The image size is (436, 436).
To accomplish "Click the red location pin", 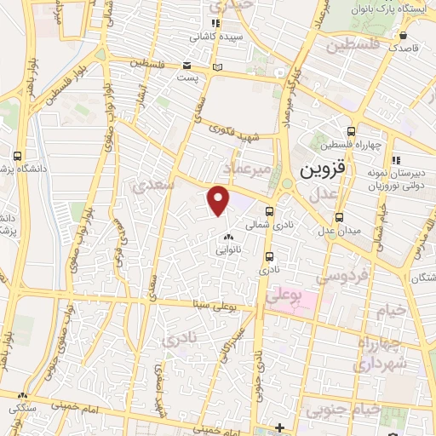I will (x=219, y=199).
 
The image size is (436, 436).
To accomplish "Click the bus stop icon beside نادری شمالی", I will (x=270, y=212).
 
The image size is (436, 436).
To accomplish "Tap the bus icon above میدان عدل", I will (x=339, y=216).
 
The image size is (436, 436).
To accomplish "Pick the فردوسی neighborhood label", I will (x=341, y=276).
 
